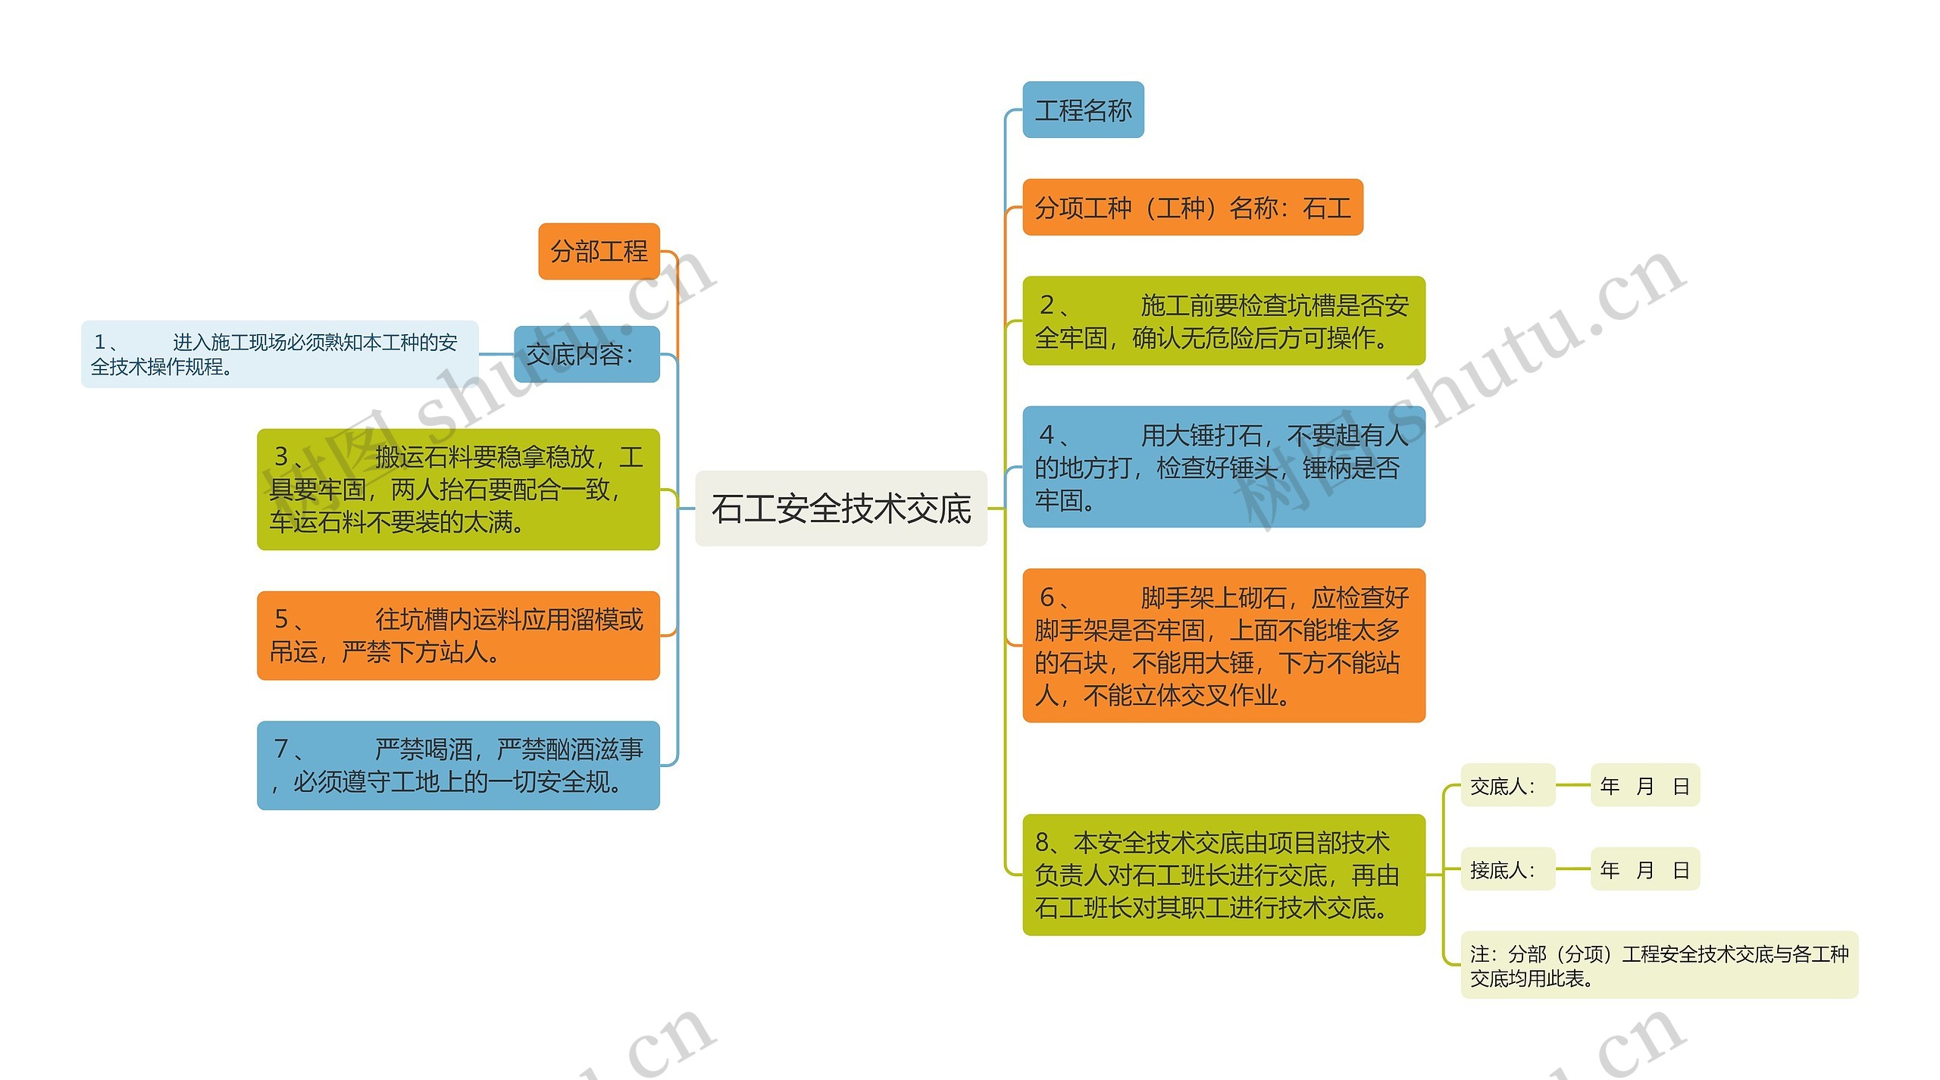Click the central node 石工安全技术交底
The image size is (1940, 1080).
[840, 509]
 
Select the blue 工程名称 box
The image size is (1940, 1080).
[1082, 111]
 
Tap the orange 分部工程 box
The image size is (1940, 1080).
[599, 252]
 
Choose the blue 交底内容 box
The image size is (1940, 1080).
[586, 354]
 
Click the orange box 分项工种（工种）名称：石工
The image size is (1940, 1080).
[1192, 208]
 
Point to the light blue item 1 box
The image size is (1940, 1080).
[280, 354]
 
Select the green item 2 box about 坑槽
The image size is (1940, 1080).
[1223, 321]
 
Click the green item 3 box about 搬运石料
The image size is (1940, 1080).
[458, 490]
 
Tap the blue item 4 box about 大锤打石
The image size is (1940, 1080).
[1223, 467]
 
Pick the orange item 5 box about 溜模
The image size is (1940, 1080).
[458, 635]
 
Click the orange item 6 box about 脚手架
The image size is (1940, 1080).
[1223, 646]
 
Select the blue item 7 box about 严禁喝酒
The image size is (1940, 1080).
[458, 765]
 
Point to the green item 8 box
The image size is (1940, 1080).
[1223, 875]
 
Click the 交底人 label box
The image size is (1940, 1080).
[1507, 786]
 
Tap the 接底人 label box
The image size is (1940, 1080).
[1507, 869]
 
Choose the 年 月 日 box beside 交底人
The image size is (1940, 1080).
[1644, 786]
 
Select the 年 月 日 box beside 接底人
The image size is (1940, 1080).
[1644, 869]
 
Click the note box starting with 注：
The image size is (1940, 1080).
[1659, 965]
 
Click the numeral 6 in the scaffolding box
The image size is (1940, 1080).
[1047, 597]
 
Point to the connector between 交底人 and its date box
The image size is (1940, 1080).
[1572, 786]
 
